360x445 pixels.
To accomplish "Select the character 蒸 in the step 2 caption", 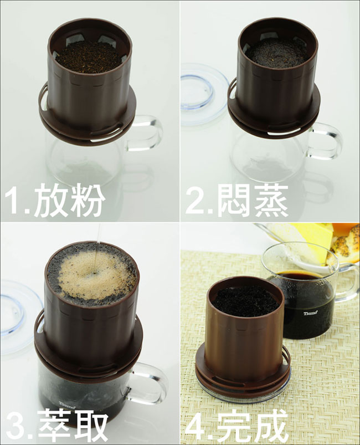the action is [271, 201].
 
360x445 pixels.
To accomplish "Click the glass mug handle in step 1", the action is [150, 133].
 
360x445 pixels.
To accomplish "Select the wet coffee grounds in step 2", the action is [277, 53].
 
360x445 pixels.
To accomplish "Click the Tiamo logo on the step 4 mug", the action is [310, 313].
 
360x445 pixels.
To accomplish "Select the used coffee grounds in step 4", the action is [245, 301].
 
